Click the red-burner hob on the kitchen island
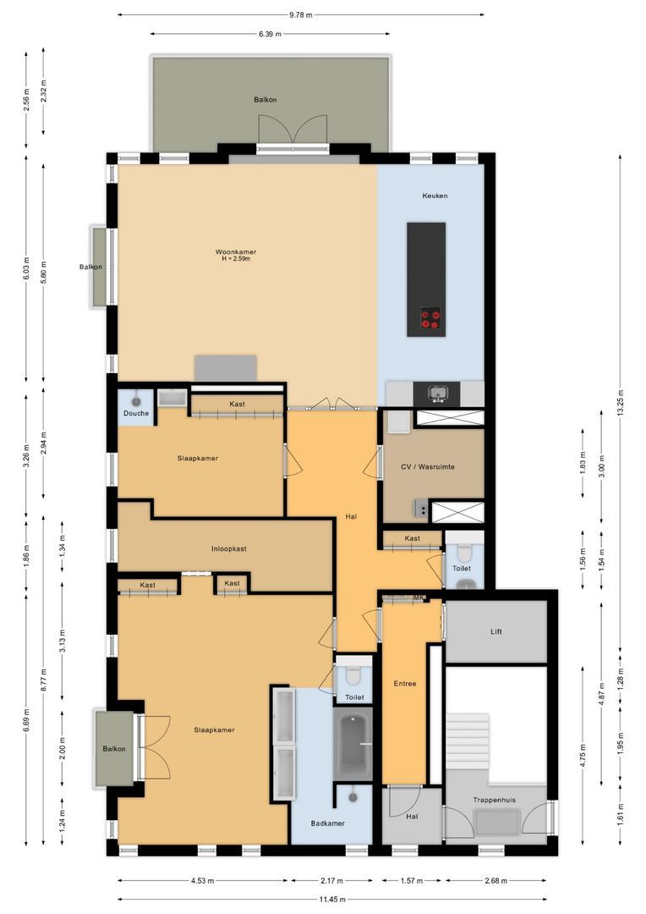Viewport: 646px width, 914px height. [430, 318]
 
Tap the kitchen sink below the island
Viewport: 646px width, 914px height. [437, 393]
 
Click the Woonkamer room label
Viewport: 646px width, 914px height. [236, 251]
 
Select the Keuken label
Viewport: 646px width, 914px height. [435, 195]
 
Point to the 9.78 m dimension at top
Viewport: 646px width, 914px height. [300, 14]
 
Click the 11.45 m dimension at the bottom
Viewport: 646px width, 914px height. [331, 900]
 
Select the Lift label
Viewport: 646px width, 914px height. [496, 631]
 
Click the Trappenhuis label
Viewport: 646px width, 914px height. [496, 799]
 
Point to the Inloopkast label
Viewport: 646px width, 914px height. [228, 548]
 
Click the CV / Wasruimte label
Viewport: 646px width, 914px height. [434, 465]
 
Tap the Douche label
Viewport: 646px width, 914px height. [135, 413]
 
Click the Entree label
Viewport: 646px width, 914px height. [404, 684]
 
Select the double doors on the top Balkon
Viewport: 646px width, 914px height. [293, 129]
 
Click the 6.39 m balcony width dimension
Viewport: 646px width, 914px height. [271, 34]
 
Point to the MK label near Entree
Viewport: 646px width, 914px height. [419, 598]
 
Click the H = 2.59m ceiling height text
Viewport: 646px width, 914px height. [236, 260]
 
